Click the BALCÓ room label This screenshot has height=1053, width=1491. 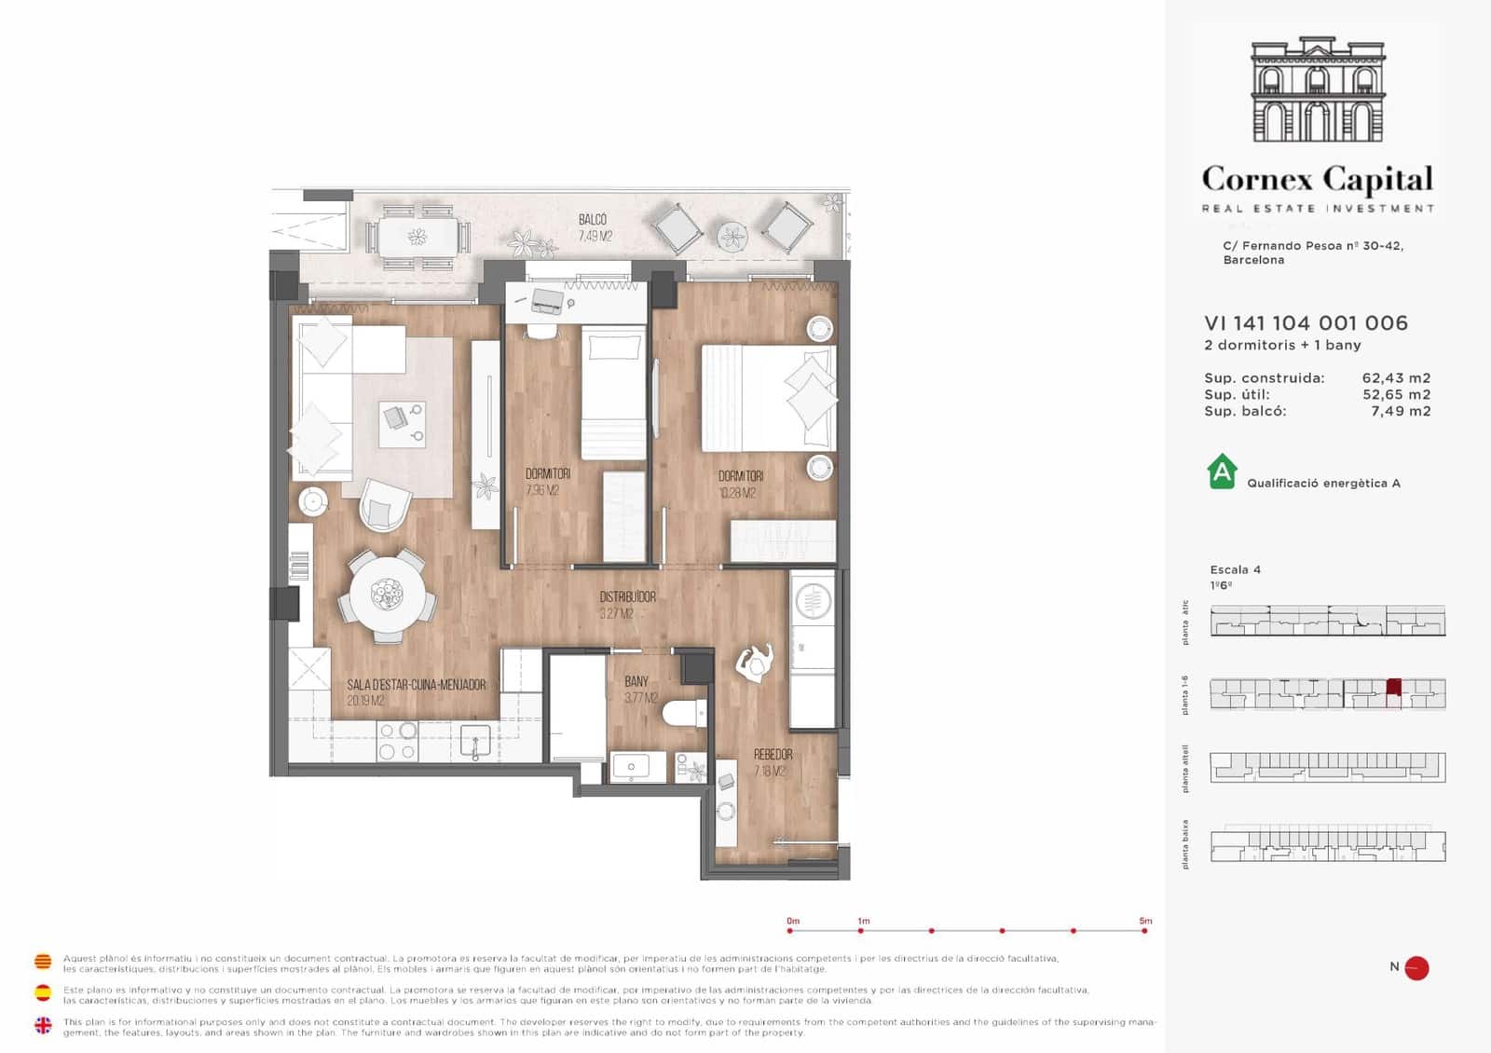click(x=593, y=220)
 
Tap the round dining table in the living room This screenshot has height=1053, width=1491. click(x=387, y=595)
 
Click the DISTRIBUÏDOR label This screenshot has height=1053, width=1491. click(x=627, y=596)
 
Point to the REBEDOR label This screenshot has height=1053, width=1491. click(x=773, y=754)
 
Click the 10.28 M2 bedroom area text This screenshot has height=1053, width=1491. click(x=737, y=493)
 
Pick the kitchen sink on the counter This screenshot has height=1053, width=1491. click(x=475, y=743)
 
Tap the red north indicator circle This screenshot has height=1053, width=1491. click(x=1416, y=968)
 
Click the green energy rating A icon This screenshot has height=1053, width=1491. click(x=1222, y=472)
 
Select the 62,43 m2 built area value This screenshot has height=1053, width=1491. click(x=1396, y=378)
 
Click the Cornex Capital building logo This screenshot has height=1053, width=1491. click(x=1318, y=90)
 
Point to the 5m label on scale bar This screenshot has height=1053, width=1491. click(x=1145, y=921)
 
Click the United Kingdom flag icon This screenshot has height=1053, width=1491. click(x=43, y=1025)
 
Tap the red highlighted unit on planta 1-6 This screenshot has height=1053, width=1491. click(x=1393, y=688)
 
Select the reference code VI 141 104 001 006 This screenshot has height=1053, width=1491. click(x=1306, y=323)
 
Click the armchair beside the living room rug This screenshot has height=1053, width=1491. click(x=384, y=505)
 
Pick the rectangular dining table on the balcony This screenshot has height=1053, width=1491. click(x=417, y=236)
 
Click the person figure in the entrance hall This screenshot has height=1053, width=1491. click(x=755, y=663)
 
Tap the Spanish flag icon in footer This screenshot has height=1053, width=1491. click(x=43, y=992)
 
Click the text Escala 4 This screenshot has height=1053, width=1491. click(x=1235, y=569)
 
